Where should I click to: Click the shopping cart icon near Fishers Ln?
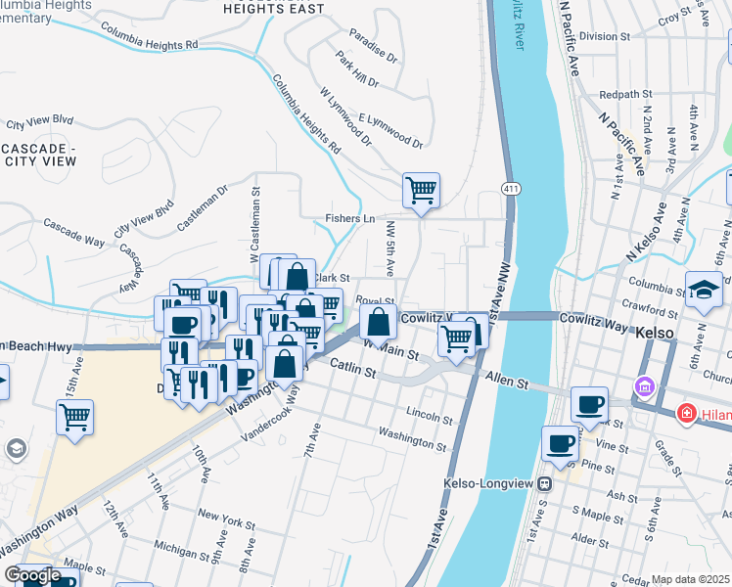[x=421, y=190]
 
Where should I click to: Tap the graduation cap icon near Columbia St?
[x=704, y=290]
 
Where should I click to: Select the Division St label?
[x=604, y=36]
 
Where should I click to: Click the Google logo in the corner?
[x=31, y=575]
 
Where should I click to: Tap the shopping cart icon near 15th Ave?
[x=74, y=417]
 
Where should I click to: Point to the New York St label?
[x=226, y=513]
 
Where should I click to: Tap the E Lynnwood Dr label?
[x=389, y=130]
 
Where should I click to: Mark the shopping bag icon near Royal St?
[x=378, y=321]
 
